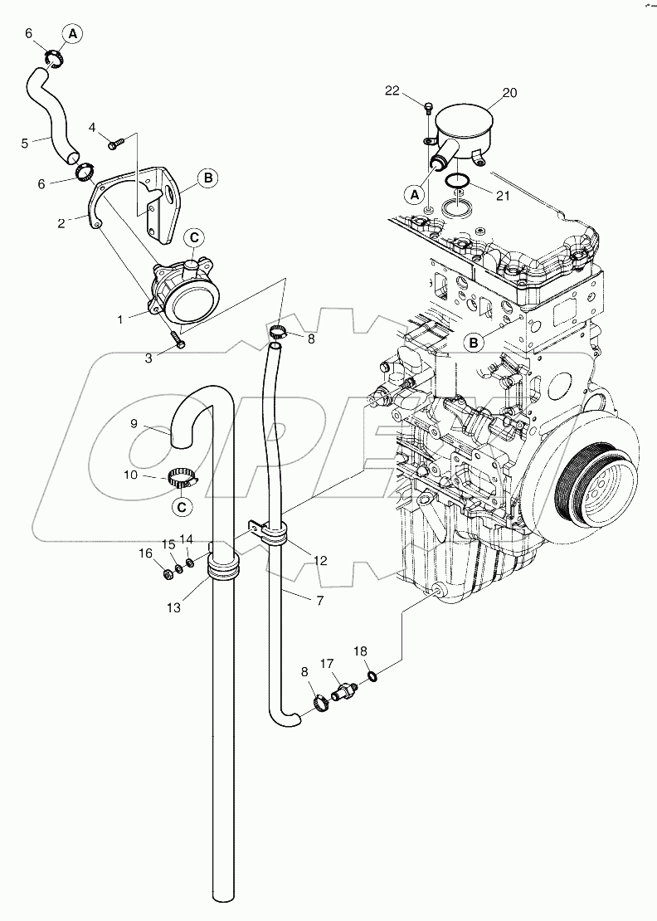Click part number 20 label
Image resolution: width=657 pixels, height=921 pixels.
[x=509, y=93]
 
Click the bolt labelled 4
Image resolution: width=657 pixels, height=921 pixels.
[x=117, y=143]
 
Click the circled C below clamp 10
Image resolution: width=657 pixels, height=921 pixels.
[x=182, y=505]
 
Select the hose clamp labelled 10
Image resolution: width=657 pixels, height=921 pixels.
[x=181, y=478]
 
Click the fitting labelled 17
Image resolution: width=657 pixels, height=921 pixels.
[x=343, y=690]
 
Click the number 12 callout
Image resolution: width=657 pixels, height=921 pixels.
[x=320, y=561]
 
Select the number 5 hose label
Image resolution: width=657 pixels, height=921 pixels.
[x=25, y=143]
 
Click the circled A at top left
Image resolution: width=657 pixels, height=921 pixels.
[x=72, y=34]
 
